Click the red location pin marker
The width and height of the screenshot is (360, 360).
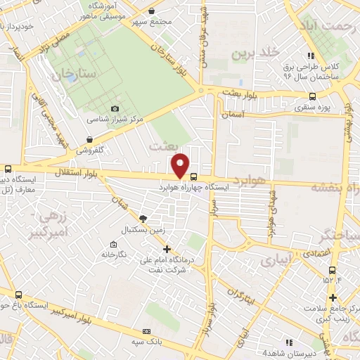[x=181, y=165]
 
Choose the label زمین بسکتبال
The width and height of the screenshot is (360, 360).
[x=143, y=231]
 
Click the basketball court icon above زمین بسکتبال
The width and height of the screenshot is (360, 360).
[x=143, y=219]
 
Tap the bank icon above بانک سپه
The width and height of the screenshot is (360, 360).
[x=146, y=331]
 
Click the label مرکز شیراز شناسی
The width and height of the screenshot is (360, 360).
[x=115, y=120]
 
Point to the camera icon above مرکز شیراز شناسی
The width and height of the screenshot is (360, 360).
[x=115, y=108]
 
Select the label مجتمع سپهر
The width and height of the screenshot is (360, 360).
[x=156, y=22]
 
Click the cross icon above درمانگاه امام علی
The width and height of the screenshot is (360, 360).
[x=167, y=248]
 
